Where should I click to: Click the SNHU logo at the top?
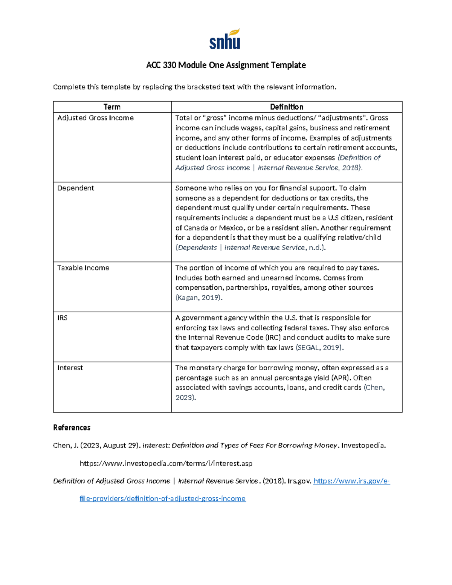(x=225, y=40)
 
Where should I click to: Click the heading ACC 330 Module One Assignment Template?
(x=226, y=65)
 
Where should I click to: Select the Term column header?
(x=112, y=107)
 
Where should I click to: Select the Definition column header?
(x=286, y=107)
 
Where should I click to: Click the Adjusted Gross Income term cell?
(x=95, y=118)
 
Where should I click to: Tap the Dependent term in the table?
(x=75, y=188)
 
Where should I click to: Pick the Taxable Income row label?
(x=83, y=268)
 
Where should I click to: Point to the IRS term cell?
(x=62, y=318)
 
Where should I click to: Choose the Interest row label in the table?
(x=70, y=368)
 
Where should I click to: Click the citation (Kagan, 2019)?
(x=199, y=298)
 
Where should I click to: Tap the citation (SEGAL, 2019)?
(x=319, y=348)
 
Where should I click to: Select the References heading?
(x=72, y=428)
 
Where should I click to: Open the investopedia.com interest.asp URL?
(x=166, y=463)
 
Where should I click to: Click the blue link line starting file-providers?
(x=162, y=499)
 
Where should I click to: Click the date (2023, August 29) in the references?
(x=110, y=446)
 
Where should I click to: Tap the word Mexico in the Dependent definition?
(x=231, y=228)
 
